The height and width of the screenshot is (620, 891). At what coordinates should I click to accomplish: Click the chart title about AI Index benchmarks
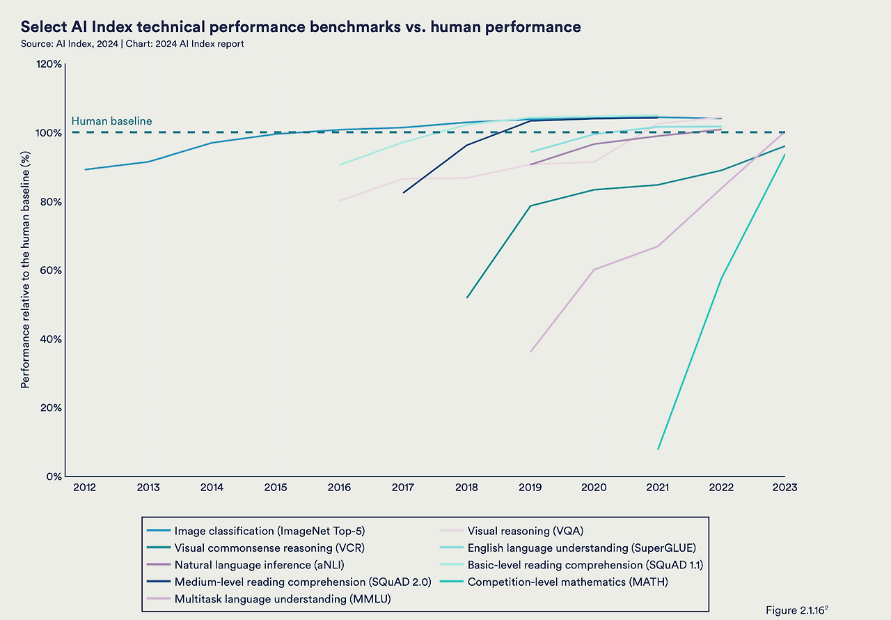click(301, 27)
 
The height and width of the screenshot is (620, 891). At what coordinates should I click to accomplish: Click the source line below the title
click(132, 44)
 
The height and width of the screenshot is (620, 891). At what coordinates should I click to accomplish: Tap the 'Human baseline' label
click(111, 121)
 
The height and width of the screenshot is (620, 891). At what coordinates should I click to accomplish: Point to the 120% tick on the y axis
click(49, 64)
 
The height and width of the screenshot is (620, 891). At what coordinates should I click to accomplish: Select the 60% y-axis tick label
click(52, 270)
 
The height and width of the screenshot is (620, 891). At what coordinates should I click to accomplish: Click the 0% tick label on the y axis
click(54, 476)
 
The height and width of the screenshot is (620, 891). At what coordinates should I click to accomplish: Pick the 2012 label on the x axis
click(85, 488)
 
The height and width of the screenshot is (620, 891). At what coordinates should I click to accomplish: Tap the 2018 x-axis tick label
click(466, 488)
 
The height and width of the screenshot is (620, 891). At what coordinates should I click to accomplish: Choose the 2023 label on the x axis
click(784, 488)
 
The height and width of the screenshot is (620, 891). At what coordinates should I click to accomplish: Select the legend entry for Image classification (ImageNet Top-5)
click(269, 531)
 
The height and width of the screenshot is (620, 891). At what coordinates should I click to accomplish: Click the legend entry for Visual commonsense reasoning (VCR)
click(269, 548)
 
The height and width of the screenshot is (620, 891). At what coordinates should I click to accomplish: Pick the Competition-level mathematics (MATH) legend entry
click(567, 582)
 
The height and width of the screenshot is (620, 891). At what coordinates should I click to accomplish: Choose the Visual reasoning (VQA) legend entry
click(524, 531)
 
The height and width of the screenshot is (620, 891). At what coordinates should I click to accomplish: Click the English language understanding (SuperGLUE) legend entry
click(581, 548)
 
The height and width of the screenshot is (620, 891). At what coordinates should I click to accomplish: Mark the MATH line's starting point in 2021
click(658, 449)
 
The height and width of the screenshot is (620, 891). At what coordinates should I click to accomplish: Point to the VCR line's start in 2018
click(467, 297)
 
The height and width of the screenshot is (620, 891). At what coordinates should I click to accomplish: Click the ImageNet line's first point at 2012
click(85, 169)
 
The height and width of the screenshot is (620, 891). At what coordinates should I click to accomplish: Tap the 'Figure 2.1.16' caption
click(797, 610)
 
